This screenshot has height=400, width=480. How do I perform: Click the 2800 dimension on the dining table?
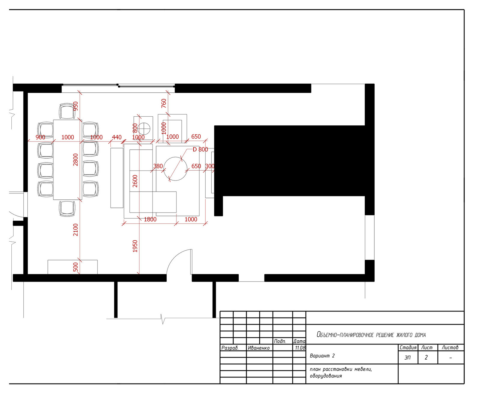click(76, 160)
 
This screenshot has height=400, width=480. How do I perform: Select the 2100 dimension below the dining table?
click(76, 230)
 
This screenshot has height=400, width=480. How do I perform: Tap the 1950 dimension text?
click(135, 246)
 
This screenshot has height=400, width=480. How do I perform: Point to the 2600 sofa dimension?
click(135, 181)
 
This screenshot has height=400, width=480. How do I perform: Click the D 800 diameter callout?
click(200, 149)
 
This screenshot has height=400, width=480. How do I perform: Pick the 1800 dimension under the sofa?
click(150, 219)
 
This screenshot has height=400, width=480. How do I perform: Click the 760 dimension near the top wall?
click(164, 103)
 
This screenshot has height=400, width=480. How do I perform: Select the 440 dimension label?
click(117, 137)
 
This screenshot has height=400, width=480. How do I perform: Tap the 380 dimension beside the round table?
click(158, 166)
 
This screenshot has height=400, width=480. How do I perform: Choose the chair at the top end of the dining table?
click(67, 111)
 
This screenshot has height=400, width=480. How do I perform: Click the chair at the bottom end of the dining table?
click(67, 209)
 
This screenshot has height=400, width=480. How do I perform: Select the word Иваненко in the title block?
click(259, 348)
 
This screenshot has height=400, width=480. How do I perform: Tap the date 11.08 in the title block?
click(300, 348)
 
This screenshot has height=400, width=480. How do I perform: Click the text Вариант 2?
click(322, 356)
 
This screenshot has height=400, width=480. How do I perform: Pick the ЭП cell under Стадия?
click(408, 357)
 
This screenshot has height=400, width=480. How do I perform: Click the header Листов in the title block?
click(450, 348)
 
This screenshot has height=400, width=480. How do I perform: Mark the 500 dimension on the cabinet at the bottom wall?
click(76, 267)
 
